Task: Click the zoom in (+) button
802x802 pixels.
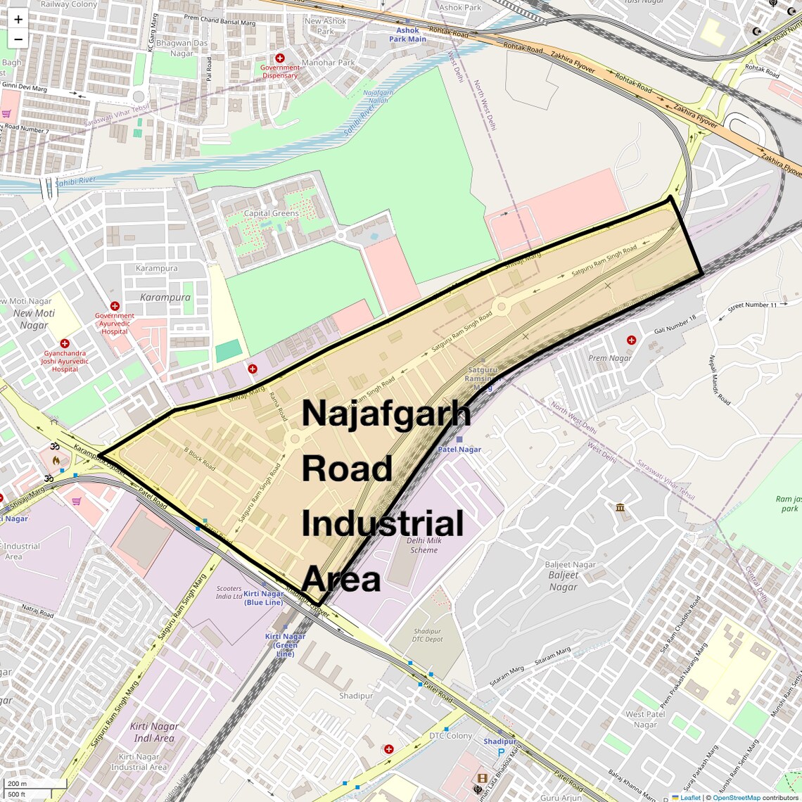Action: pos(18,20)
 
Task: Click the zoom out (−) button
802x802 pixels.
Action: pos(18,39)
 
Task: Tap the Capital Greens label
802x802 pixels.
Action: pos(271,213)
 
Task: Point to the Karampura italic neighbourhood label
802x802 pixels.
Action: pos(165,298)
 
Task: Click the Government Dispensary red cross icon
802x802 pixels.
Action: pos(280,58)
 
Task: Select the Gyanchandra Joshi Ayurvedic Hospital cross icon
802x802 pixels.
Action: pos(65,343)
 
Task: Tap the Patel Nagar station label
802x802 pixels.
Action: pos(459,449)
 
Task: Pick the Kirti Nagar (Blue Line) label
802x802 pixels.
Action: pos(264,598)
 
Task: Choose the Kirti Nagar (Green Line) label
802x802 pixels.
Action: pos(285,645)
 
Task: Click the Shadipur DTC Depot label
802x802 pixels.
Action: pos(427,635)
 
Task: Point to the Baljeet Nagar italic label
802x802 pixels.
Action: pos(563,581)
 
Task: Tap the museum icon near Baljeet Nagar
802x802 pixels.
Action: pos(620,507)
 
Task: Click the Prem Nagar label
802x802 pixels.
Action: pos(610,358)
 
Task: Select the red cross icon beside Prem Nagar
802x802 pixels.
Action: pos(631,340)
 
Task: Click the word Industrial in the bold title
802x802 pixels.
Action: pos(383,524)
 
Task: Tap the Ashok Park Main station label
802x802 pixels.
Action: pos(407,34)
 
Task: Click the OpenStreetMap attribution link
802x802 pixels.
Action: pos(737,798)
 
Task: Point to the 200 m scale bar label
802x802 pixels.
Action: pos(17,784)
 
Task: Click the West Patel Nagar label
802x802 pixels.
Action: pos(645,719)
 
